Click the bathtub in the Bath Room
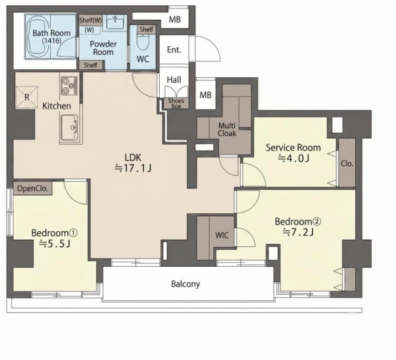tap(38, 36)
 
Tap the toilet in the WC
tap(143, 41)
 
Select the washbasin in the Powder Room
tap(115, 22)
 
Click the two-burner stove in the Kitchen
tap(69, 85)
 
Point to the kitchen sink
tap(69, 127)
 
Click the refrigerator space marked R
tap(27, 97)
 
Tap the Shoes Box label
tap(176, 104)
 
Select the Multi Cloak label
tap(227, 129)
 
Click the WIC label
tap(222, 235)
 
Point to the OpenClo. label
tap(32, 188)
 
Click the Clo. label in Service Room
tap(346, 164)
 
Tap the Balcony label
tap(185, 284)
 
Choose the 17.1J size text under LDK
tap(133, 168)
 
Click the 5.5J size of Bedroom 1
tap(55, 244)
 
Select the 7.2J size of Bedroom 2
tap(298, 232)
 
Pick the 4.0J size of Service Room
tap(294, 159)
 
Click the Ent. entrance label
tap(174, 50)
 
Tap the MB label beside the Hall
tap(205, 95)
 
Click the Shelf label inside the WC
tap(147, 29)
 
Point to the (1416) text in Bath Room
tap(51, 41)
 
